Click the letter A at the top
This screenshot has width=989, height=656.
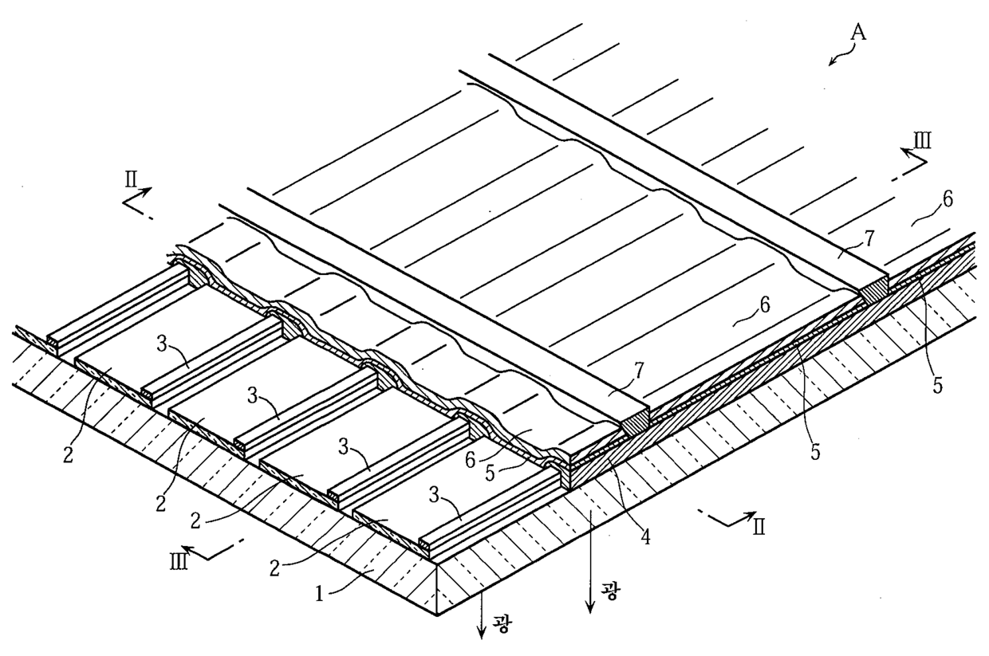[858, 33]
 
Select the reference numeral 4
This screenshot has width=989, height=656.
[644, 536]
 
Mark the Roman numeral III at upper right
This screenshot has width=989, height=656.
[923, 141]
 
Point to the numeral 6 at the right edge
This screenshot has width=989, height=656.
[948, 198]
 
